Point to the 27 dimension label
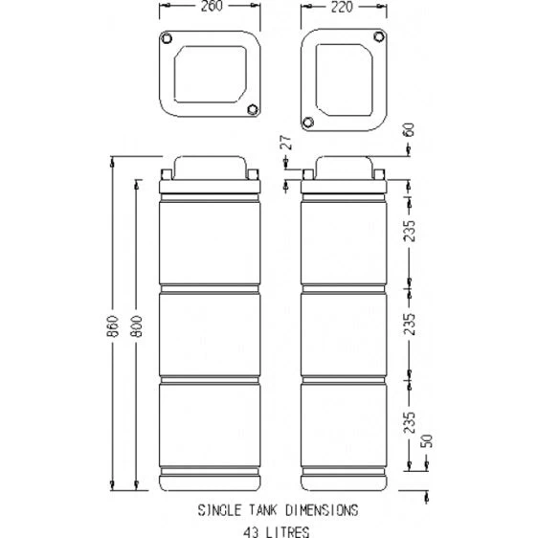click(x=284, y=144)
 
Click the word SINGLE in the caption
click(x=219, y=511)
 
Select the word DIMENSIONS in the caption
click(x=321, y=511)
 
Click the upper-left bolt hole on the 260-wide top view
click(x=167, y=38)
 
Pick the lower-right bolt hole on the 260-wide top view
click(x=253, y=107)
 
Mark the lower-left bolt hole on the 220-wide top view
click(x=308, y=123)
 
